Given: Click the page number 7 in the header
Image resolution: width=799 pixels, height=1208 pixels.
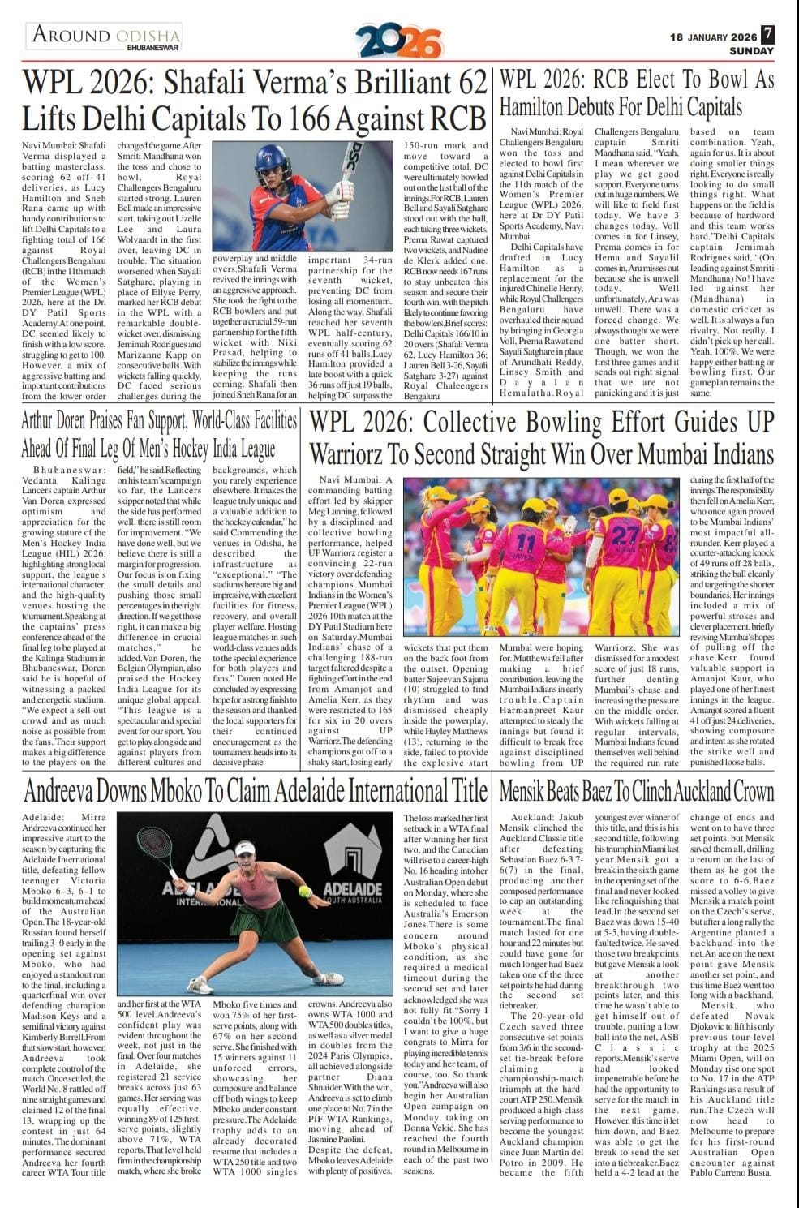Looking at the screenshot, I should [767, 36].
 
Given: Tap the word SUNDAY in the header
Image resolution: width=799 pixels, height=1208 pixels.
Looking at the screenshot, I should [751, 51].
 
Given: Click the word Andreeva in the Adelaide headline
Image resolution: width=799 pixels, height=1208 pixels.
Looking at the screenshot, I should [68, 791].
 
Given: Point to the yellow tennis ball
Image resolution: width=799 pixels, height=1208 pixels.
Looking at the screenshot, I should [305, 891].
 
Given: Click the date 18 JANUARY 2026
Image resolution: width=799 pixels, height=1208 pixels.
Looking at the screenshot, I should [713, 37].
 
